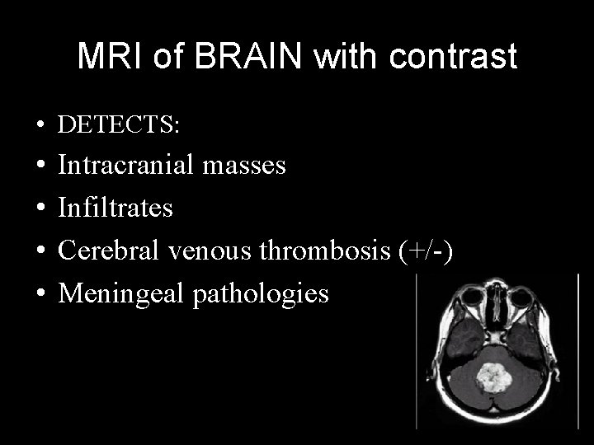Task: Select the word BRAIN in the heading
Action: pyautogui.click(x=231, y=57)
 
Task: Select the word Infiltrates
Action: pyautogui.click(x=115, y=208)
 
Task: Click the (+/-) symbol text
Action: pyautogui.click(x=423, y=251)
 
